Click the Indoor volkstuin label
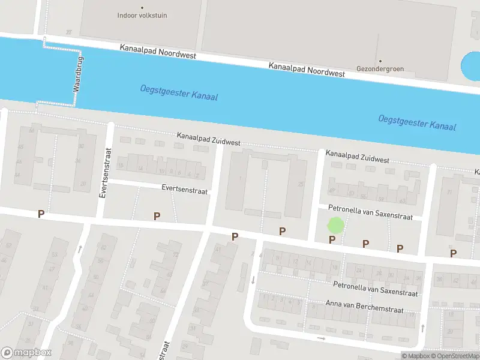click(x=142, y=16)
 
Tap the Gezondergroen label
click(x=380, y=68)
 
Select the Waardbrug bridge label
click(x=77, y=74)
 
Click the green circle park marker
click(x=335, y=226)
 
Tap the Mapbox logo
click(x=26, y=353)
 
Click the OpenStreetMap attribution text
click(x=455, y=356)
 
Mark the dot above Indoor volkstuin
click(x=142, y=8)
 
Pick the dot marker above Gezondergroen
click(x=380, y=61)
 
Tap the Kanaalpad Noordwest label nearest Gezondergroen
click(x=307, y=69)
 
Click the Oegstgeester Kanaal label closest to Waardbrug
click(x=179, y=92)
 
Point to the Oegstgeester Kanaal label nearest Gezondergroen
click(x=417, y=122)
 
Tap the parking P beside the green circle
click(x=332, y=240)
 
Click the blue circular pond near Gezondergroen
click(x=470, y=67)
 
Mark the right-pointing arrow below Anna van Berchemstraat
click(x=321, y=338)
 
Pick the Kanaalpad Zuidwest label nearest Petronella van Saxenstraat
click(x=358, y=157)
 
